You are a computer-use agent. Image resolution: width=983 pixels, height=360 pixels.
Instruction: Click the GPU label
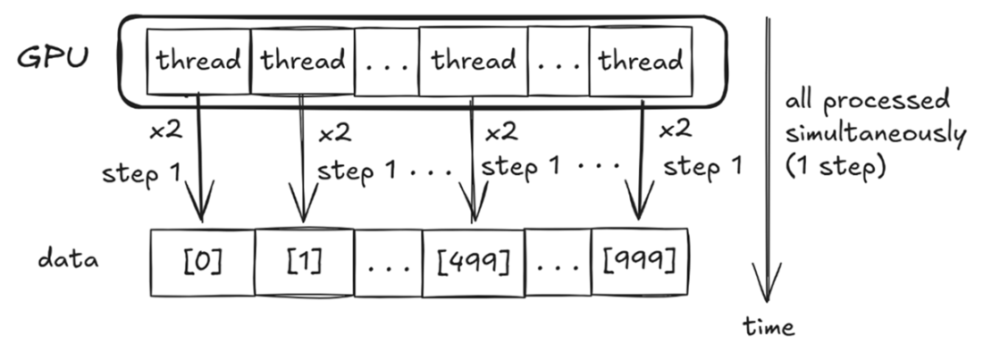pos(53,58)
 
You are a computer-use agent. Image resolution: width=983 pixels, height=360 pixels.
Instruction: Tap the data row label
pos(68,258)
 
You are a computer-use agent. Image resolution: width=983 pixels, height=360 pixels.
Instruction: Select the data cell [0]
pos(203,262)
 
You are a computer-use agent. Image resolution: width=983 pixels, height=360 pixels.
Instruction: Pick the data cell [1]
pos(304,262)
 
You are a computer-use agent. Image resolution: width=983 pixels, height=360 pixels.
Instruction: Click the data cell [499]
pos(474,263)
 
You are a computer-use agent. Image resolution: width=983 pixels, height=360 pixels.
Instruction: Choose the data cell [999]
pos(640,262)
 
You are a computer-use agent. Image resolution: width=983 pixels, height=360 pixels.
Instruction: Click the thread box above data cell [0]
pos(198,61)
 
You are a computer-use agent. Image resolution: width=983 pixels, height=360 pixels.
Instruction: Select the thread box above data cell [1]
pos(303,61)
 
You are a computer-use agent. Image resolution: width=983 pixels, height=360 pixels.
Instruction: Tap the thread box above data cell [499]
pos(474,61)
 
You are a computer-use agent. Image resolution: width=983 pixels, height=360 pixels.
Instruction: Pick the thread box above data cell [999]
pos(641,62)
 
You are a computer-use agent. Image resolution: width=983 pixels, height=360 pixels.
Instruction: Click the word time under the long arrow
pos(769,326)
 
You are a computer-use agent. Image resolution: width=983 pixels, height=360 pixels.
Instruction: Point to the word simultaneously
pos(876,135)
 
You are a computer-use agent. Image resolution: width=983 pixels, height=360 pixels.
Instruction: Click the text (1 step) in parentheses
pos(835,166)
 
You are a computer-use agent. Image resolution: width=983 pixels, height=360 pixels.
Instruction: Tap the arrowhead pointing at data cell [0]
pos(200,203)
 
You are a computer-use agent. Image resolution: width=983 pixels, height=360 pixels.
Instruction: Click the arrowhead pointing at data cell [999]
pos(639,201)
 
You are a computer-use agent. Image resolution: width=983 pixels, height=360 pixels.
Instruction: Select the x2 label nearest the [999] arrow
pos(676,130)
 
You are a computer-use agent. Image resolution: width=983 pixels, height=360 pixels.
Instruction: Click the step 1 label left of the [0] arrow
pos(141,172)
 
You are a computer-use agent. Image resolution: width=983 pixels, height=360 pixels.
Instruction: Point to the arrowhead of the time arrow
pos(766,283)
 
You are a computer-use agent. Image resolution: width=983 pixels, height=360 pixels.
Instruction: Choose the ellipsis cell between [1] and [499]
pos(389,263)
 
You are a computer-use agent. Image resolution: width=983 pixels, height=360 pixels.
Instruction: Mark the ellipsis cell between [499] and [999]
pos(558,263)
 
